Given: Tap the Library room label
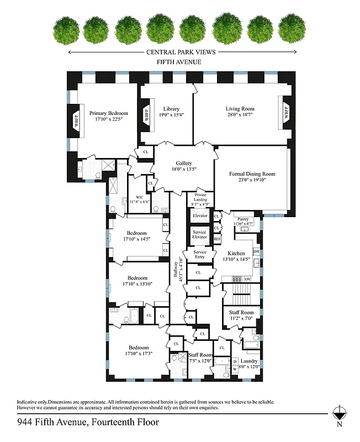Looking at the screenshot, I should coord(171,108).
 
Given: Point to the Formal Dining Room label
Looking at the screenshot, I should coord(252,174).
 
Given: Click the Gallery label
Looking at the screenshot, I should coord(184,163).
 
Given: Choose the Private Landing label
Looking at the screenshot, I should coord(199,198).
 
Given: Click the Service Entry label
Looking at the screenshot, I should coord(199,255).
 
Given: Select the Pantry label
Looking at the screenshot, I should coord(243,219).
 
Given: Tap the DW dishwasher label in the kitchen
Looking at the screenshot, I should coord(256,251).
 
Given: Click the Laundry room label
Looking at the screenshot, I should coord(249,361).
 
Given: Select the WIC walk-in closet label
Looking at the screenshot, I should coord(139,197).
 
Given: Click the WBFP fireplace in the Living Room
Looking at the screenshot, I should coord(287,113).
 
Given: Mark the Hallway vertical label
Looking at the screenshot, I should coord(177,272).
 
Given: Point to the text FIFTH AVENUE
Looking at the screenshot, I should coord(179,62).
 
